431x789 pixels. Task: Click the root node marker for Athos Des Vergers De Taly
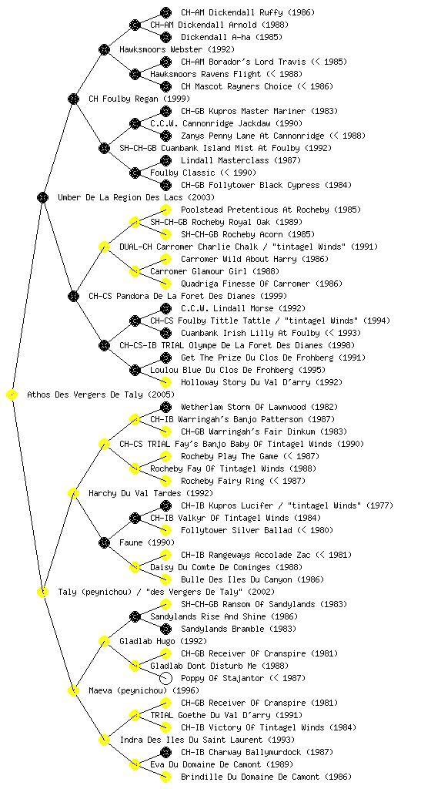tap(12, 395)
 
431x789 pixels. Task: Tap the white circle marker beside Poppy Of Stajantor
tap(165, 678)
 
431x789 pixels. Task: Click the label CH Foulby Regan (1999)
tap(139, 99)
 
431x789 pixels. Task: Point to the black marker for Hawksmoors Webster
tap(104, 49)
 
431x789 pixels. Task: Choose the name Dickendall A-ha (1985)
tap(232, 37)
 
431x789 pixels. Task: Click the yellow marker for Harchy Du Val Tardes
tap(73, 494)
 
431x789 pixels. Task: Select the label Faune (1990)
tap(147, 543)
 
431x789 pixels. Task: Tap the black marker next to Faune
tap(104, 543)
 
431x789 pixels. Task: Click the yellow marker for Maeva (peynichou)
tap(73, 691)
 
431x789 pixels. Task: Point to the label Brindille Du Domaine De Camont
tap(250, 777)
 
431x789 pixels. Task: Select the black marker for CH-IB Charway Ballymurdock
tap(165, 752)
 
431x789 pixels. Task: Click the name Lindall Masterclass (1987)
tap(241, 160)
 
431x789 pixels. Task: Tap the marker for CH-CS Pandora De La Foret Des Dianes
tap(73, 297)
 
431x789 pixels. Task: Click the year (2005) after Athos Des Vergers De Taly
tap(162, 395)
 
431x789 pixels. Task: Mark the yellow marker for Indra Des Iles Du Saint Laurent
tap(104, 740)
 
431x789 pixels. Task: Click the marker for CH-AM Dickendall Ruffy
tap(165, 12)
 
